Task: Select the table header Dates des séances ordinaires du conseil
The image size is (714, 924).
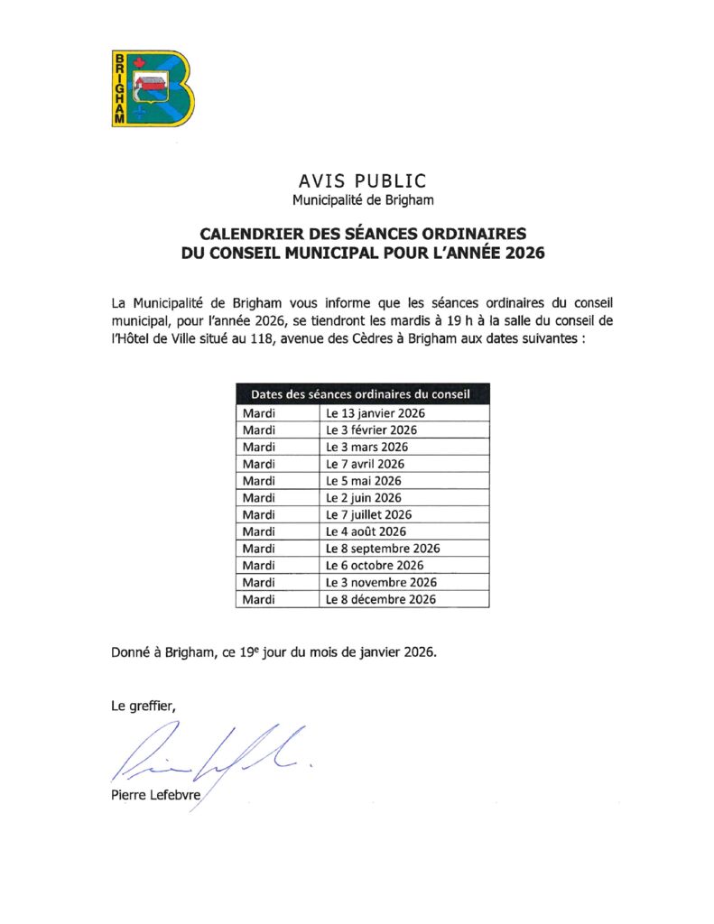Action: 362,394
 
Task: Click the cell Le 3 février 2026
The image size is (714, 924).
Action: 371,430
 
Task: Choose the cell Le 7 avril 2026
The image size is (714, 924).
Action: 366,464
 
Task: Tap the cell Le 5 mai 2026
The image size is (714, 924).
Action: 363,481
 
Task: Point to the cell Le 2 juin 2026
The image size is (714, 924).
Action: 364,498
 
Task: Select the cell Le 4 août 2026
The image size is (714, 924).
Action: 366,531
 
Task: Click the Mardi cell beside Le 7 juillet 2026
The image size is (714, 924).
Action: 259,515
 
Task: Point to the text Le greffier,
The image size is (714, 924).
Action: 138,707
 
